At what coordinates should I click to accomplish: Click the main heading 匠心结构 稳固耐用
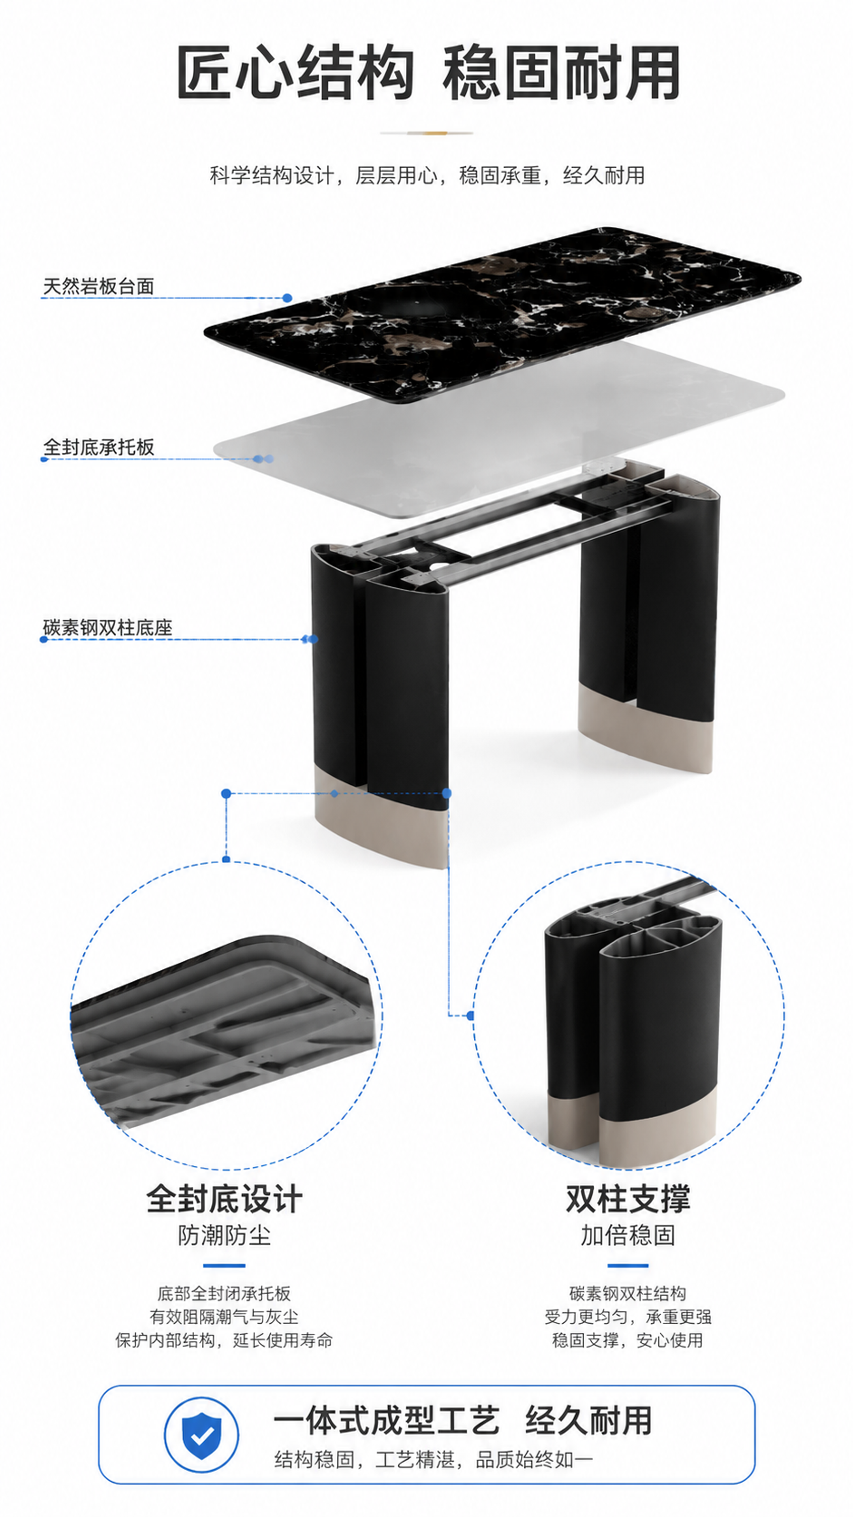coord(428,72)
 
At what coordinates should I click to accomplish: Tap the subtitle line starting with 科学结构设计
coord(427,175)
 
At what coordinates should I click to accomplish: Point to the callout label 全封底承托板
coord(99,447)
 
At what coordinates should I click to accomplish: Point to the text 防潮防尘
coord(224,1235)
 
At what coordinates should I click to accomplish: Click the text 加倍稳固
coord(628,1235)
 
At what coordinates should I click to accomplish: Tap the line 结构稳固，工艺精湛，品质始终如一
coord(434,1459)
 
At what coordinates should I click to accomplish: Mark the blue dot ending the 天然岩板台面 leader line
coord(287,298)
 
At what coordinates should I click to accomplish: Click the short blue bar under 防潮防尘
coord(224,1265)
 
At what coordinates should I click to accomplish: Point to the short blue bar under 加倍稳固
coord(628,1265)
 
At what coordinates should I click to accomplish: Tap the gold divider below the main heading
coord(427,133)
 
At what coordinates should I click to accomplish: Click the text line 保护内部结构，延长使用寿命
coord(224,1340)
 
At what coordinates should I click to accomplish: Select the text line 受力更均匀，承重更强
coord(628,1317)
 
